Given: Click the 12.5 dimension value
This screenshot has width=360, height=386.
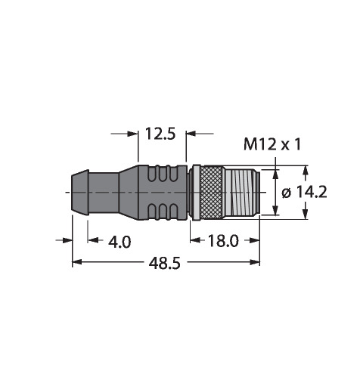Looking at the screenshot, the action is (x=160, y=134).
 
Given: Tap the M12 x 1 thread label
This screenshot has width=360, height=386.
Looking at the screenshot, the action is (x=272, y=145).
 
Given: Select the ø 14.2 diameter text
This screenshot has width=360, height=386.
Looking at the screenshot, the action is (x=304, y=193).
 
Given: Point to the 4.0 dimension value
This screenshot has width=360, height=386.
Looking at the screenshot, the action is (x=119, y=242).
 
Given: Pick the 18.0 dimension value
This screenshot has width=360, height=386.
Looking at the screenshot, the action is (x=223, y=241).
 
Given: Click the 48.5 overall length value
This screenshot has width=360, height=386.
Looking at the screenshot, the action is (x=165, y=264).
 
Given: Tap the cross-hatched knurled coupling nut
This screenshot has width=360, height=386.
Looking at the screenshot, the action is (x=211, y=193).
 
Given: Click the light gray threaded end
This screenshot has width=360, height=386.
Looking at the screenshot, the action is (x=242, y=193).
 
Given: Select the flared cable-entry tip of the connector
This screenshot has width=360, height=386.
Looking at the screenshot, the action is (x=80, y=193).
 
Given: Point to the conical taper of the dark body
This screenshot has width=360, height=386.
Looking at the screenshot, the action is (x=129, y=193).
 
